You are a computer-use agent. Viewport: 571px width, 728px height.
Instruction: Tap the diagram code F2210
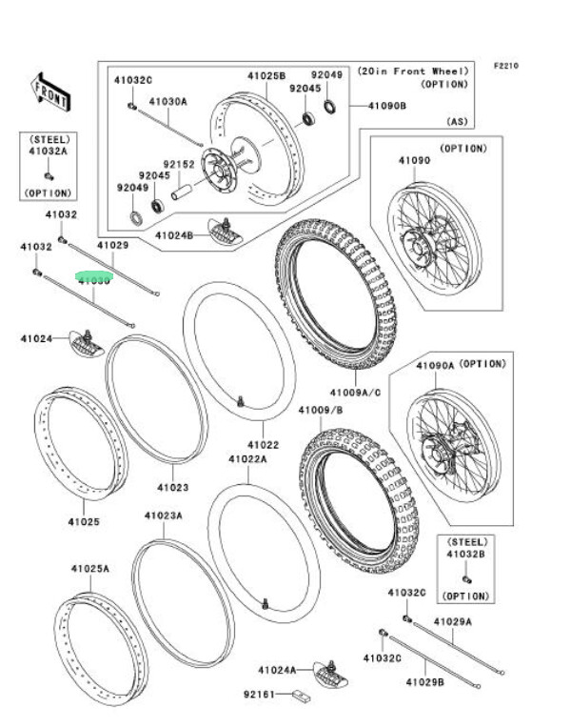point(506,67)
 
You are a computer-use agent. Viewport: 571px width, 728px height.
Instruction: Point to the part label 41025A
point(89,569)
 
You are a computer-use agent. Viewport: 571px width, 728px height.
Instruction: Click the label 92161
point(260,694)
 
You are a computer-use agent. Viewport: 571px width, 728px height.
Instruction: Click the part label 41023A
point(163,516)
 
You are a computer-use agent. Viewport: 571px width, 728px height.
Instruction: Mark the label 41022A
point(246,459)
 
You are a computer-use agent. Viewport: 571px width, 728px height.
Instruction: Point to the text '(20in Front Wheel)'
point(413,71)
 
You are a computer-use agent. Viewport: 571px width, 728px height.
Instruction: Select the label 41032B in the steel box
point(465,552)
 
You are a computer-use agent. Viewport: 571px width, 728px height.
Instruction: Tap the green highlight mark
point(94,280)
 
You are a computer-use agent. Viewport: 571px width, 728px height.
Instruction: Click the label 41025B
point(266,75)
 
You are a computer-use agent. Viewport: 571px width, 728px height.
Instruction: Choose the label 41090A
point(435,366)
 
